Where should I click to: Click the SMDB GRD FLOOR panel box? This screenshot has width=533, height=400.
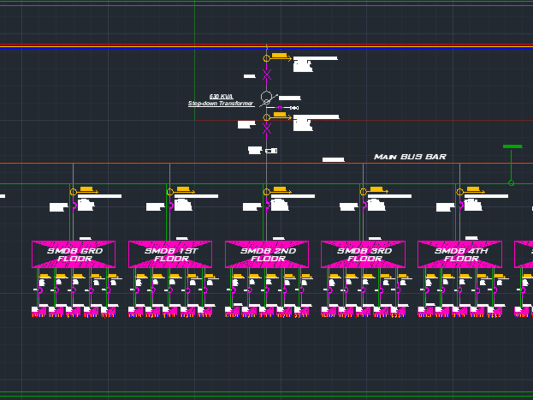pos(74,254)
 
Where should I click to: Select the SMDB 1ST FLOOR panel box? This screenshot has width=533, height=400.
pos(170,254)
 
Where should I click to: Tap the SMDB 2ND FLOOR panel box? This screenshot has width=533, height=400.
pos(266,254)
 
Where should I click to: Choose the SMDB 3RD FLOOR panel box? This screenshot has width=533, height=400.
pos(363,254)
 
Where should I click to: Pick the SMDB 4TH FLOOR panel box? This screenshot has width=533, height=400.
pos(459,254)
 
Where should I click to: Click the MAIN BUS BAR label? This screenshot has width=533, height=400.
pos(410,157)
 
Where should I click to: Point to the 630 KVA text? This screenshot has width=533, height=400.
pos(221,97)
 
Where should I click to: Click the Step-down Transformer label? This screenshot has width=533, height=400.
pos(221,103)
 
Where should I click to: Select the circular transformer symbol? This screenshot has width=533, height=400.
pos(266,97)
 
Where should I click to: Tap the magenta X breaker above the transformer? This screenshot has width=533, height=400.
pos(266,74)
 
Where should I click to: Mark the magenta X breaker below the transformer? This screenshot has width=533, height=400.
pos(266,128)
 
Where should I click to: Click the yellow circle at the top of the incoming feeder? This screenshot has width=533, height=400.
pos(266,58)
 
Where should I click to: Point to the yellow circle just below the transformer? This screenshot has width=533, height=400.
pos(266,117)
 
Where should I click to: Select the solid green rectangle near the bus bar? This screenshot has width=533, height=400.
pos(512,146)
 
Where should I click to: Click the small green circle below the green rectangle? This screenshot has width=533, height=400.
pos(511,183)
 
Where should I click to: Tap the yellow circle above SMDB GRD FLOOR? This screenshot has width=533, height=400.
pos(73,192)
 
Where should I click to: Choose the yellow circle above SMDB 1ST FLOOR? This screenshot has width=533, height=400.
pos(169,192)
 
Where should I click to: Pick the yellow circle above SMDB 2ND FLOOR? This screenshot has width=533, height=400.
pos(266,192)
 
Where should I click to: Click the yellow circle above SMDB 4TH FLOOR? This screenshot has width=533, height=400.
pos(459,192)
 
